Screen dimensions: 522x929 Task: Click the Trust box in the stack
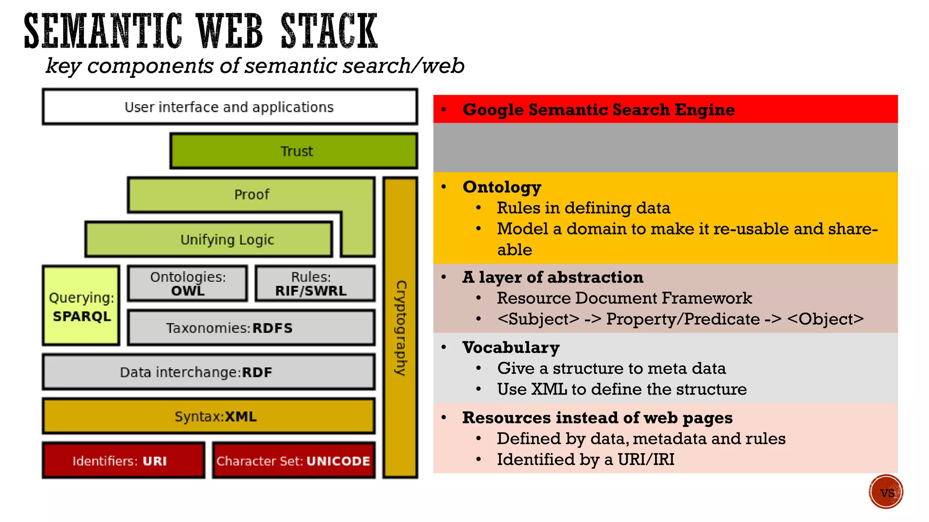294,151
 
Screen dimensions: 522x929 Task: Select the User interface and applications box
230,107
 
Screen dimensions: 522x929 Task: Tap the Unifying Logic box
209,239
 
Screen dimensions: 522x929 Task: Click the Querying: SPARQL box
81,306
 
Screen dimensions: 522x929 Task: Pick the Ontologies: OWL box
188,284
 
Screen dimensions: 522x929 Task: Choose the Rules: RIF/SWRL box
315,284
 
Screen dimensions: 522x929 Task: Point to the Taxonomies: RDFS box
251,328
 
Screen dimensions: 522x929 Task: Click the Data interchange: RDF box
209,372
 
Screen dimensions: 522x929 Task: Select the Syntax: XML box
209,416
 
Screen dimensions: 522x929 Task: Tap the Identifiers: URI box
123,460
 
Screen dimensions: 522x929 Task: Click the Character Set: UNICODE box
293,460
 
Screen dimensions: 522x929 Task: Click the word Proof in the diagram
252,194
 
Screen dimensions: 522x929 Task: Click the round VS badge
886,492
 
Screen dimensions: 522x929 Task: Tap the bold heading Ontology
502,187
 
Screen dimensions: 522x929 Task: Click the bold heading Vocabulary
511,348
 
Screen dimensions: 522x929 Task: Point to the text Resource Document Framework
624,298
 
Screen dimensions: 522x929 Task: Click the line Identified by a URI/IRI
585,459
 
